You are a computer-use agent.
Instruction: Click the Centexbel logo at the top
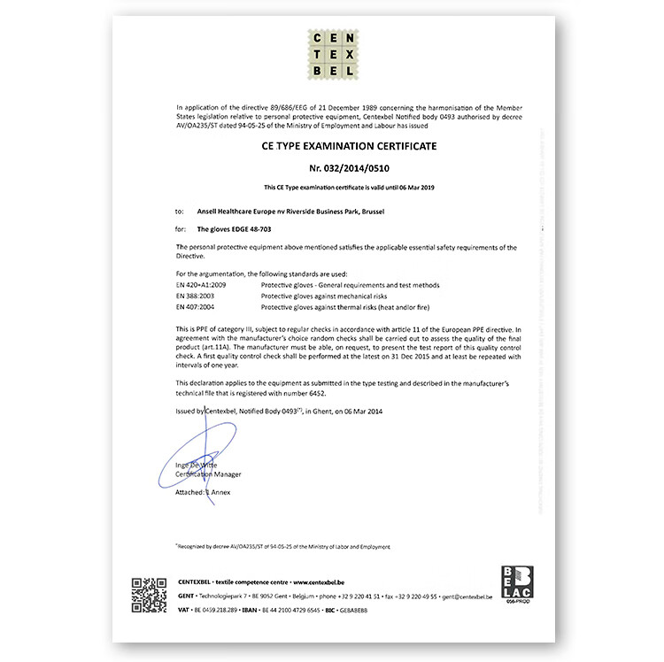[331, 54]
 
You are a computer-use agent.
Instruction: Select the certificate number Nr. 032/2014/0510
[331, 165]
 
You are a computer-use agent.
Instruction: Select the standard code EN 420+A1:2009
[202, 285]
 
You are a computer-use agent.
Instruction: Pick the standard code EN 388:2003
[195, 296]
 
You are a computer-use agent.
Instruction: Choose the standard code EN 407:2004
[195, 306]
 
